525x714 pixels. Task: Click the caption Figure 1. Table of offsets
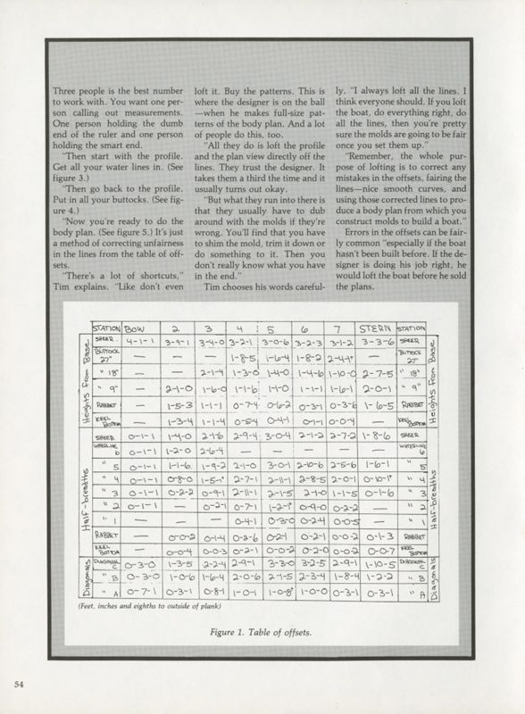pos(262,635)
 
